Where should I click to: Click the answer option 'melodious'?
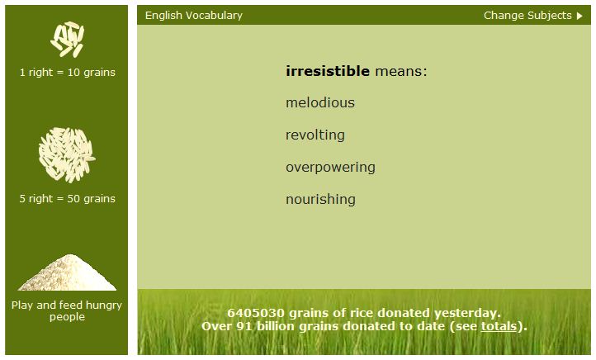click(320, 102)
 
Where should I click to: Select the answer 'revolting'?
click(315, 135)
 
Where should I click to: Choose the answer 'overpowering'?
click(330, 168)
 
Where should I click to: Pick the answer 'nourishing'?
click(320, 200)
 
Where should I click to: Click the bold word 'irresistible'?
click(327, 71)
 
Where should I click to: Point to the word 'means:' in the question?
click(401, 72)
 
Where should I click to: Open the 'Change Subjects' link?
click(527, 15)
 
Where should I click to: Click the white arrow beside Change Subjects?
click(579, 16)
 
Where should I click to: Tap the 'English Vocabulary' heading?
click(193, 16)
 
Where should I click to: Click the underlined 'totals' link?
click(499, 326)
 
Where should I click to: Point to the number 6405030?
click(255, 313)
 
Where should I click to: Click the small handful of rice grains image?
click(68, 40)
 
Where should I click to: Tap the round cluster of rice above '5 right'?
click(67, 155)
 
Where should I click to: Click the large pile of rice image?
click(67, 272)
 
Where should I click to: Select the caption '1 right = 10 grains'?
click(68, 72)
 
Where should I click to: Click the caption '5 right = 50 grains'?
click(68, 198)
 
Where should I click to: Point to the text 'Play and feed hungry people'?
click(67, 310)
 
